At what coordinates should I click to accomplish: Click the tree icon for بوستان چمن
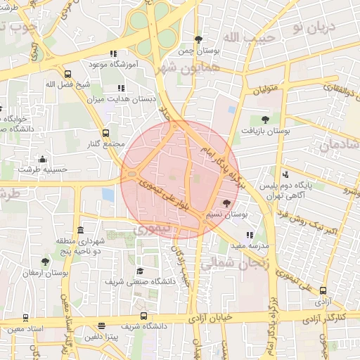(x=198, y=39)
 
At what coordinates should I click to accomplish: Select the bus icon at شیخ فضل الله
(x=67, y=74)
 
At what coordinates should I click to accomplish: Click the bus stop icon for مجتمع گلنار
(x=106, y=132)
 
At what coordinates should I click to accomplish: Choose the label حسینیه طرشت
(x=43, y=169)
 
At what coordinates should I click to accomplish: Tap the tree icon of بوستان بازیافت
(x=264, y=120)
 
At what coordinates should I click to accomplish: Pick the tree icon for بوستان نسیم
(x=226, y=202)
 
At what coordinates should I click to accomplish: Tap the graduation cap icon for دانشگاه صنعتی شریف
(x=140, y=271)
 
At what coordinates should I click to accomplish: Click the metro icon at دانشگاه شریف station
(x=143, y=316)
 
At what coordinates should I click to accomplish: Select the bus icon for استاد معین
(x=25, y=319)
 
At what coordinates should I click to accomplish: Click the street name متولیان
(x=265, y=89)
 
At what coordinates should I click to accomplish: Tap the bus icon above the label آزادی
(x=323, y=290)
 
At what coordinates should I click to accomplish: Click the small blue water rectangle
(x=108, y=194)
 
